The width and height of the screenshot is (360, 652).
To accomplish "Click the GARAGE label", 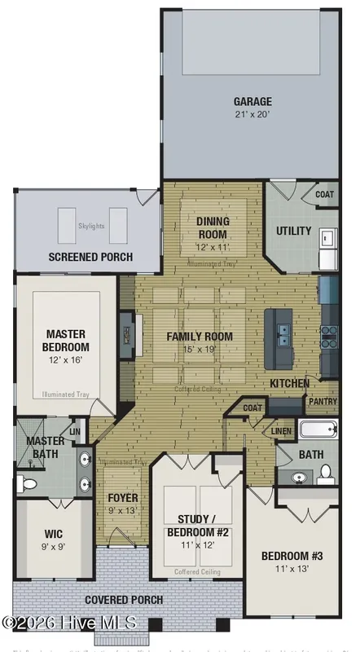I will click(252, 102).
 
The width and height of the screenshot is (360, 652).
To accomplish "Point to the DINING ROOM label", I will click(213, 228).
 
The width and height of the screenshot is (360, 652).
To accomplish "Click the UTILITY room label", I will click(293, 231).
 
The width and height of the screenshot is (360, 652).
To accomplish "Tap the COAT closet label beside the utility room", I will click(325, 195).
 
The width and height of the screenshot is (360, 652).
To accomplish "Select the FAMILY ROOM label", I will click(200, 336).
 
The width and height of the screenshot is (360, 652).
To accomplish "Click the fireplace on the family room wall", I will click(127, 334).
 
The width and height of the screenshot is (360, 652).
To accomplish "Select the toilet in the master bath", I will click(27, 484).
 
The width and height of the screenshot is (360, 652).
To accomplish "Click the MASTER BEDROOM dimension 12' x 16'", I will click(66, 359).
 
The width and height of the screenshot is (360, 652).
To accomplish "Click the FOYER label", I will click(123, 497).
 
